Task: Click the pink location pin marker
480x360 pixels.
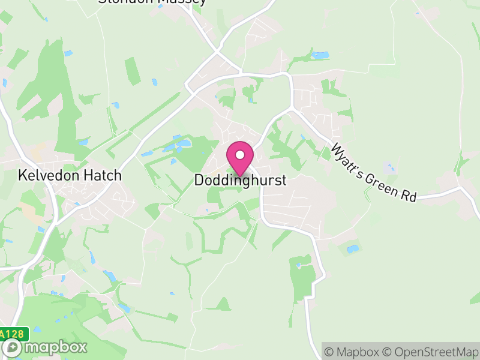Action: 240,157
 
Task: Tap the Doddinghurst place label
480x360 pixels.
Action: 240,180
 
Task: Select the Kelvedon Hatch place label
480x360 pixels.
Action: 70,176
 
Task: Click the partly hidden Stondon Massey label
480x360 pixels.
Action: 152,2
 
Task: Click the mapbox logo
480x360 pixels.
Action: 45,347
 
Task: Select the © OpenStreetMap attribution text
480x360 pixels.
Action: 427,352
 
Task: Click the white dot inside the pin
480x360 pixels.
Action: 240,155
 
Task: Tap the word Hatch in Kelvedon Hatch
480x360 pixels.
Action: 103,176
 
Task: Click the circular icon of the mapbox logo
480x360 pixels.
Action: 11,347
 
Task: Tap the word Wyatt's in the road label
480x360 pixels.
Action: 347,158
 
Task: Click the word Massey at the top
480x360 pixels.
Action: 183,2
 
